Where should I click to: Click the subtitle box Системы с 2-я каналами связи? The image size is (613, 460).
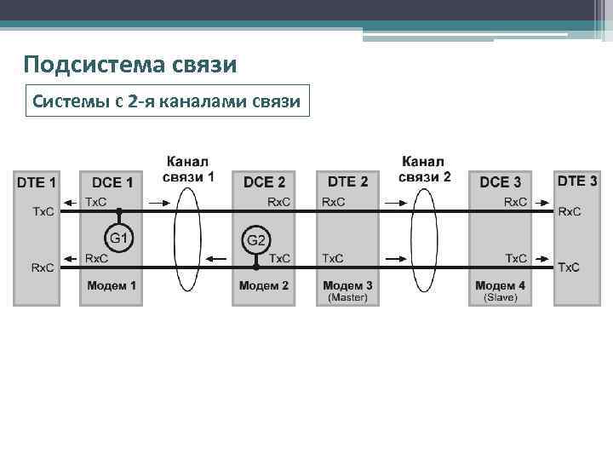[x=166, y=102]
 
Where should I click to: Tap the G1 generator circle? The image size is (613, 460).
[x=119, y=237]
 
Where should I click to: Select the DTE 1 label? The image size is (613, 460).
[x=37, y=181]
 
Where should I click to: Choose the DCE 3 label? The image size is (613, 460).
[x=501, y=181]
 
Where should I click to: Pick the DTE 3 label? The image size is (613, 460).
[x=576, y=181]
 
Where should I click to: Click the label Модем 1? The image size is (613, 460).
[x=112, y=285]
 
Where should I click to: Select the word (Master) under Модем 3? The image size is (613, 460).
[x=347, y=297]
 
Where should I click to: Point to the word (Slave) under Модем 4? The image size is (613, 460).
[x=501, y=297]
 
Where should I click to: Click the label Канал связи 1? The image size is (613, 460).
[x=187, y=169]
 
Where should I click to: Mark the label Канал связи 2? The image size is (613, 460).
[x=424, y=169]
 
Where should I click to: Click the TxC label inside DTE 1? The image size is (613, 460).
[x=43, y=211]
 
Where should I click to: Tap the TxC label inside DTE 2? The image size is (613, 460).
[x=333, y=258]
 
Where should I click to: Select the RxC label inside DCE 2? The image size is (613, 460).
[x=279, y=203]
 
